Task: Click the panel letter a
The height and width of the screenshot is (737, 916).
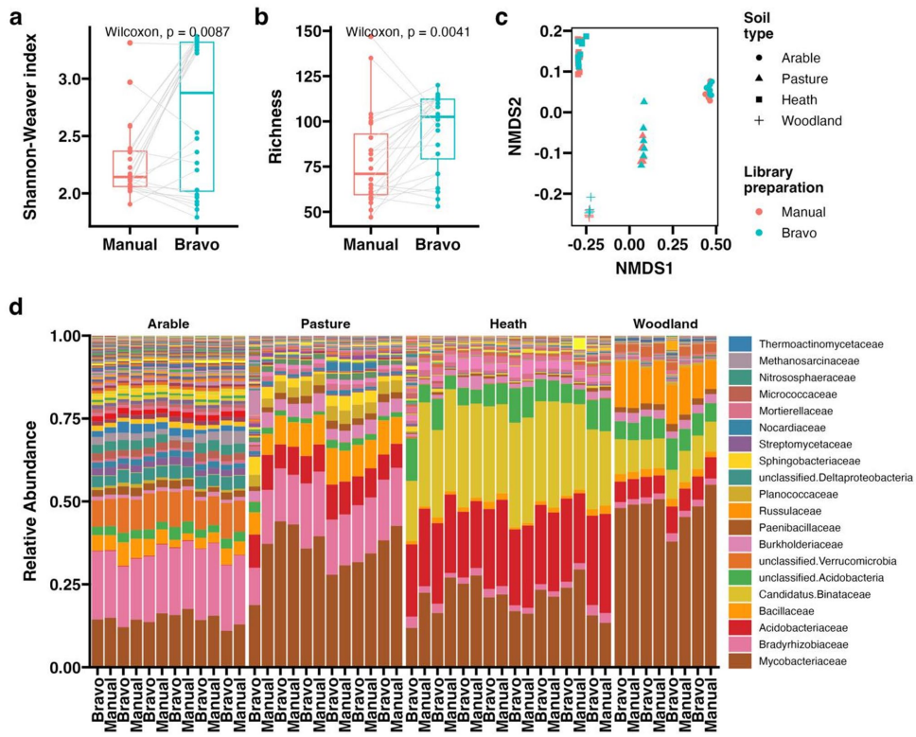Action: point(16,17)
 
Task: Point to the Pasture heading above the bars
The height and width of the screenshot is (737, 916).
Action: point(325,323)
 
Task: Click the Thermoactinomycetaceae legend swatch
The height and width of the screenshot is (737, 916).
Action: point(741,343)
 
